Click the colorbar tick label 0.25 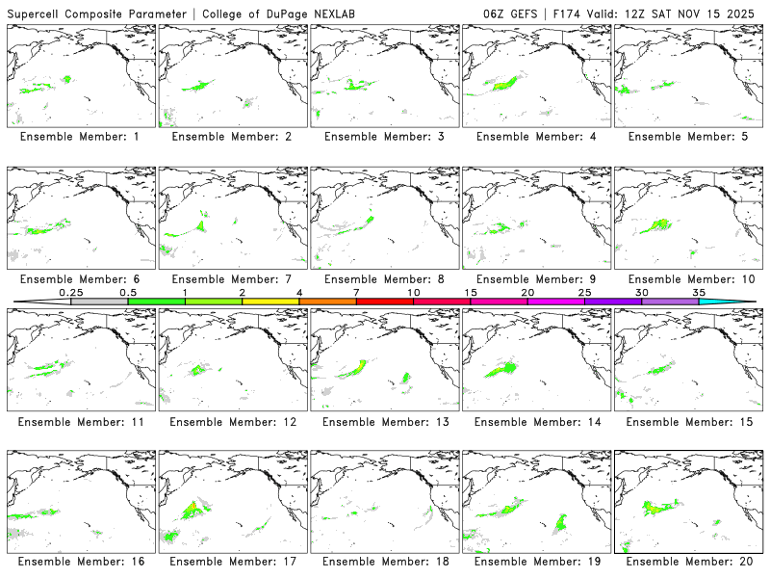(70, 292)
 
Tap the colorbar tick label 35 (699, 292)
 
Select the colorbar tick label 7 (356, 292)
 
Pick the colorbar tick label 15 (471, 292)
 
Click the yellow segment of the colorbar (270, 302)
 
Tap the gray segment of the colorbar (99, 302)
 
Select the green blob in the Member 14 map (502, 369)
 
